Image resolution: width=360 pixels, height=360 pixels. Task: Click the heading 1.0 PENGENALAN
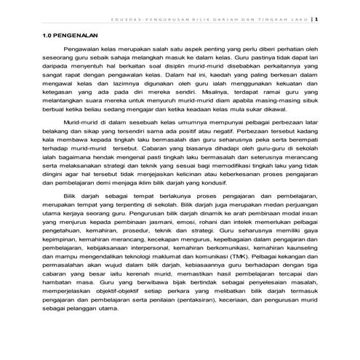[60, 34]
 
